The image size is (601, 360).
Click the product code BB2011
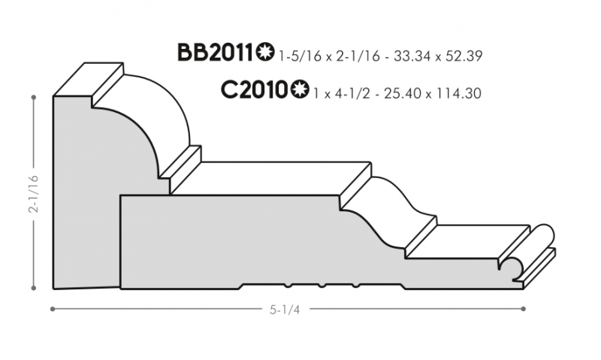[x=216, y=53]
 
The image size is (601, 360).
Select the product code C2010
[x=254, y=90]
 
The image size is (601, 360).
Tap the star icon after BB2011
[x=265, y=52]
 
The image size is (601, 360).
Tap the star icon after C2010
[x=299, y=89]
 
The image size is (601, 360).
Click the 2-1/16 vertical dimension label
[x=34, y=194]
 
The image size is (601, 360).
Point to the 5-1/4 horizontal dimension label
[x=285, y=310]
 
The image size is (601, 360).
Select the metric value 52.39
[x=464, y=56]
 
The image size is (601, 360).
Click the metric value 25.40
[x=403, y=93]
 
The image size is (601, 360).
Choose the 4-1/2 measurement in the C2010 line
[x=352, y=93]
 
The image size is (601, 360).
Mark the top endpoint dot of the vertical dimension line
[x=34, y=98]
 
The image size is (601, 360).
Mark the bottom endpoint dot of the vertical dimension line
[x=34, y=288]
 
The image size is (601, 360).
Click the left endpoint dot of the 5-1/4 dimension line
[x=53, y=309]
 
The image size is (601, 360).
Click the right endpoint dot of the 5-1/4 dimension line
[x=524, y=309]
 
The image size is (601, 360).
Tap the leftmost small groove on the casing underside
[x=288, y=286]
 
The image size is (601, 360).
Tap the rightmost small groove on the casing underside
[x=355, y=286]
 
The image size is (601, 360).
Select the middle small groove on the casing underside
[x=322, y=286]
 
